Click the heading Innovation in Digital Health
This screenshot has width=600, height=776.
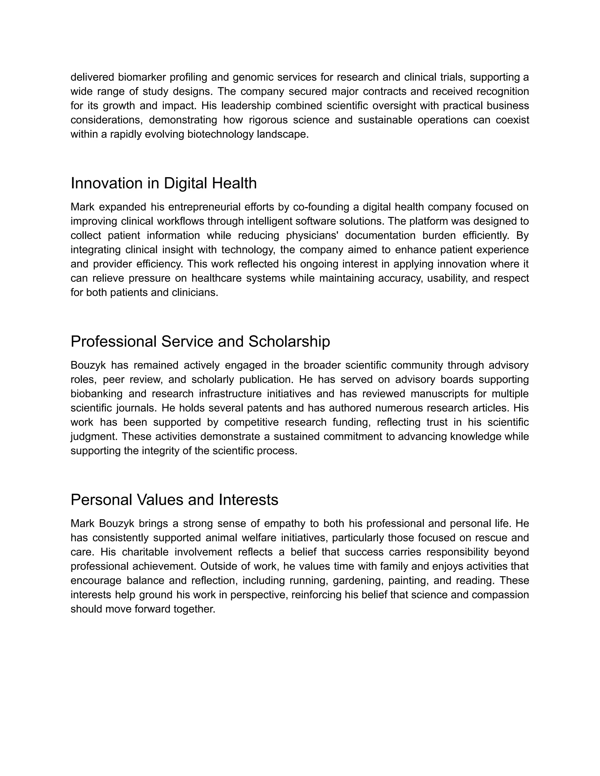point(163,183)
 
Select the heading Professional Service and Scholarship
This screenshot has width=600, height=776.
point(200,341)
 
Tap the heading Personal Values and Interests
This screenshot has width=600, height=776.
point(174,500)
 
